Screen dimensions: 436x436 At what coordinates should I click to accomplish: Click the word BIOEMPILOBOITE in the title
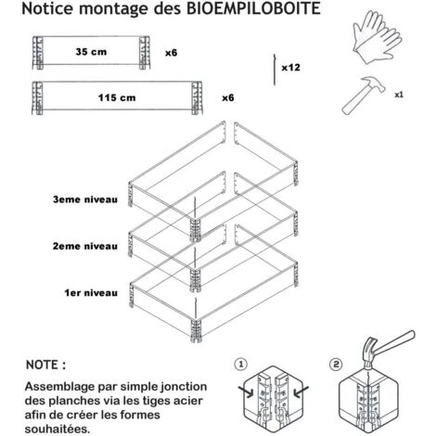point(253,8)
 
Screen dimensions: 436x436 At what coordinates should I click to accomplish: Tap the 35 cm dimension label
point(91,52)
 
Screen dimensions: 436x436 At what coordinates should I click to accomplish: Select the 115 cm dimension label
point(117,97)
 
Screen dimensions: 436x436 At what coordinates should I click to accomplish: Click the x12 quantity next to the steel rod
point(290,68)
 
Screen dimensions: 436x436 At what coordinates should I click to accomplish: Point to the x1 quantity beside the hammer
point(399,95)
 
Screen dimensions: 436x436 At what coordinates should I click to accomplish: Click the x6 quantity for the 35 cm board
point(171,53)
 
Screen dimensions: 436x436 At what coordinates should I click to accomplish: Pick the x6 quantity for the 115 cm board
point(228,98)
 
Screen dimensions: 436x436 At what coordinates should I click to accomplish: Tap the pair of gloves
point(378,37)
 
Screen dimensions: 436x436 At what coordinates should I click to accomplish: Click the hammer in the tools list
point(364,95)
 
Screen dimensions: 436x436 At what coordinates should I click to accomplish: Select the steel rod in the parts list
point(275,70)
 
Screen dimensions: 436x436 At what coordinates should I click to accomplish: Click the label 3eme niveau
point(85,199)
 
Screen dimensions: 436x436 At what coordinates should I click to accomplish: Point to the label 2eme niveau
point(85,246)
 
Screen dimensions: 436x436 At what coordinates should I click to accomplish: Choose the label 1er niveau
point(91,293)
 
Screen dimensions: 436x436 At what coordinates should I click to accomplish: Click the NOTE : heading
point(45,365)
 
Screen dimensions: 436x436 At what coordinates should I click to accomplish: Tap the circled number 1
point(241,365)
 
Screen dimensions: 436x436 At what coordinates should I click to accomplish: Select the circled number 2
point(336,365)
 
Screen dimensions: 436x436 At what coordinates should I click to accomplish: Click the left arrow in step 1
point(246,391)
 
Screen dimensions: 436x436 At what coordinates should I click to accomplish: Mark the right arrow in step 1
point(301,391)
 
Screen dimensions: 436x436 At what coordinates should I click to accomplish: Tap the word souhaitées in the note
point(58,430)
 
